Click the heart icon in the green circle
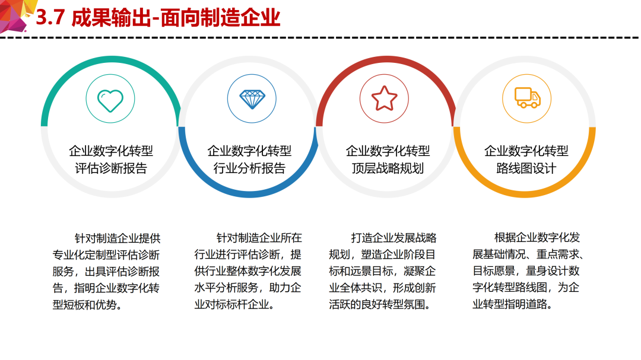click(x=110, y=100)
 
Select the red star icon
click(x=384, y=98)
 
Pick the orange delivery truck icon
click(x=528, y=98)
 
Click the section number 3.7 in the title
click(x=50, y=18)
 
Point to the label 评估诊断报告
click(x=111, y=168)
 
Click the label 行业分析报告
click(x=249, y=168)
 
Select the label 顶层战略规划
click(x=388, y=168)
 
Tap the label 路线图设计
click(x=526, y=168)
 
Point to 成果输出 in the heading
click(x=111, y=18)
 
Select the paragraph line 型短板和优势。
click(x=87, y=305)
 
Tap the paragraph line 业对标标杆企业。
click(x=234, y=304)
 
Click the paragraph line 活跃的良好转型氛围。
click(x=380, y=304)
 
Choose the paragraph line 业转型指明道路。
click(x=513, y=304)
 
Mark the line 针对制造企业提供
click(x=118, y=238)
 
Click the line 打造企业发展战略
click(x=394, y=238)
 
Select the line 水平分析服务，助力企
click(x=247, y=288)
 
